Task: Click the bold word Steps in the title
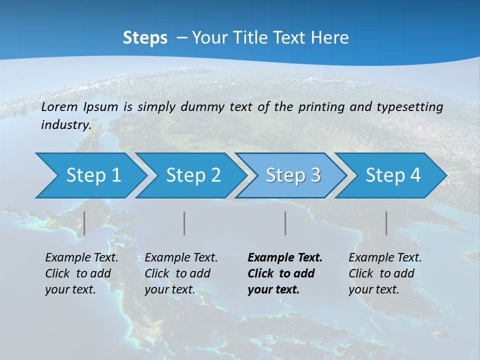point(145,38)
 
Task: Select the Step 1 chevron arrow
point(90,175)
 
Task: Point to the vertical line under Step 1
point(84,223)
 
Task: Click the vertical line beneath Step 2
point(184,223)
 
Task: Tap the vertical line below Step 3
point(285,223)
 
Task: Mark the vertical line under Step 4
point(386,223)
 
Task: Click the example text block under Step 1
point(81,273)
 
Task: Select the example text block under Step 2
point(181,273)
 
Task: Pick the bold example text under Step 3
point(285,273)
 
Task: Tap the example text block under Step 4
point(385,273)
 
